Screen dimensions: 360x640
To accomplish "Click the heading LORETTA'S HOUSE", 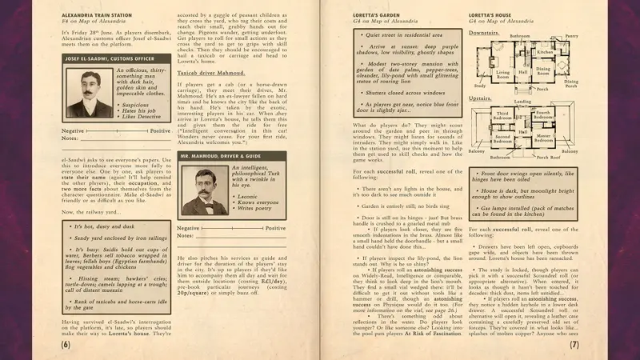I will click(493, 15).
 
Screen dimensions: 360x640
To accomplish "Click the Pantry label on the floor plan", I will click(571, 36).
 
